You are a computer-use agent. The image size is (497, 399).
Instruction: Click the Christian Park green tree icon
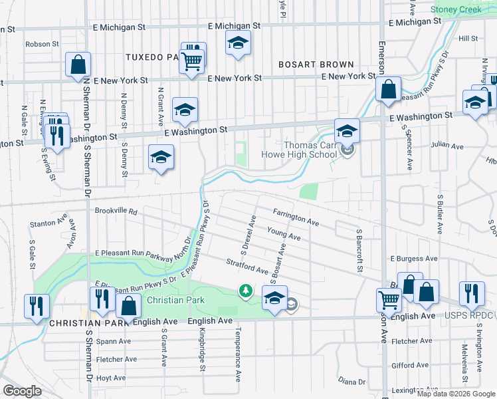[246, 291]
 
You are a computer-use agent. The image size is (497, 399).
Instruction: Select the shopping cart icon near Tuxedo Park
[191, 62]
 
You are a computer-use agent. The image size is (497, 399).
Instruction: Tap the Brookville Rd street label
[116, 211]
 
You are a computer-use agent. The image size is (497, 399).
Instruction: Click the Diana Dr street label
[352, 381]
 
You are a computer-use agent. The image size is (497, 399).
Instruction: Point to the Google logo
[22, 391]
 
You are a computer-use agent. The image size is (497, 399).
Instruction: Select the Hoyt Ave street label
[111, 376]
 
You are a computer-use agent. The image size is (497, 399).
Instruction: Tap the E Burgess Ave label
[414, 258]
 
